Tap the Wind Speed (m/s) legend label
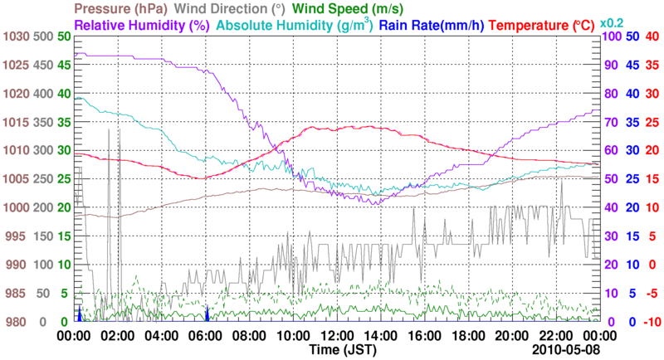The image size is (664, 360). [349, 9]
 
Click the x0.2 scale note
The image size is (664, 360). [612, 22]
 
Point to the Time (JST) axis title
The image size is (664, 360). [342, 349]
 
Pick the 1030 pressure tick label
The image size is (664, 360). [16, 36]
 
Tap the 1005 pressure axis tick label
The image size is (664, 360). [16, 179]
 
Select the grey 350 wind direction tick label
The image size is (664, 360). [42, 122]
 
